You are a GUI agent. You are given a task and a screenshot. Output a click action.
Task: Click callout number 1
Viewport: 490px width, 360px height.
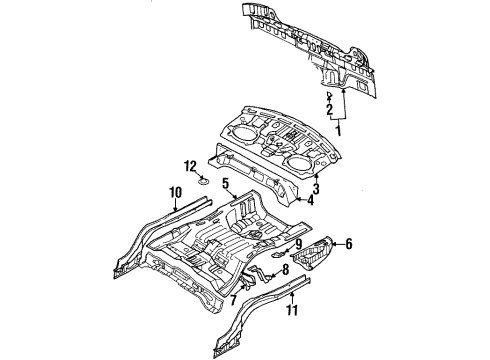[x=338, y=130]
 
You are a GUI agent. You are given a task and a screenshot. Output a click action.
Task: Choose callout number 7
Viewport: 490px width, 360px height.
[x=233, y=299]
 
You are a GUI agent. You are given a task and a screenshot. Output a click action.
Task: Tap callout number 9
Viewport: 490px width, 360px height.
[x=298, y=242]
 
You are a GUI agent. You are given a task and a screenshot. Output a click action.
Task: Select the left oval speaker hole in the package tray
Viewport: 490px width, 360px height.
[x=244, y=128]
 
